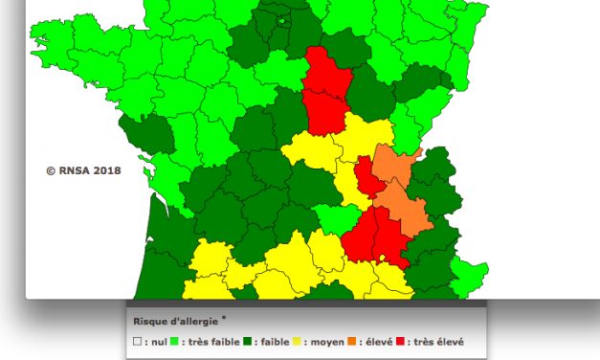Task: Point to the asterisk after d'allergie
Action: tap(225, 317)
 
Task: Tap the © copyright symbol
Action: tap(51, 171)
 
